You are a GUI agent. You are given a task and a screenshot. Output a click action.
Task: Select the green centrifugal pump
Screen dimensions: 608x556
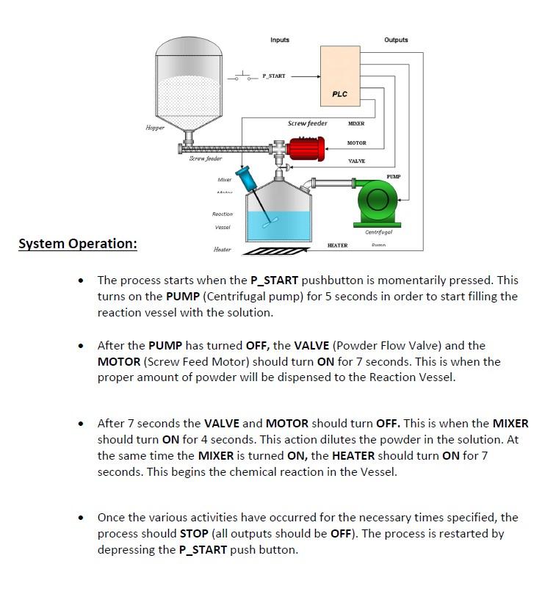pos(378,203)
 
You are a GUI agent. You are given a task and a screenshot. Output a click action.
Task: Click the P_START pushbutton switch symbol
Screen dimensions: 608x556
pos(239,76)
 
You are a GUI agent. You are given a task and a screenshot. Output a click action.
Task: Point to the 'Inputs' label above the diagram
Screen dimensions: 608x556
pos(280,40)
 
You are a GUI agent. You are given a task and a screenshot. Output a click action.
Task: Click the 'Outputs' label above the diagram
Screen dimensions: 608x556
pos(396,40)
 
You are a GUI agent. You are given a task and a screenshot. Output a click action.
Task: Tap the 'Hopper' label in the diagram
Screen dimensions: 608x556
pos(155,128)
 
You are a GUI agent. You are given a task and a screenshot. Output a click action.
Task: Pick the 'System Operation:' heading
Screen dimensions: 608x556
pos(78,244)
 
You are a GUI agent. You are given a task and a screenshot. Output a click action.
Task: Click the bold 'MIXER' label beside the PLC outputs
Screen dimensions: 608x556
pos(356,124)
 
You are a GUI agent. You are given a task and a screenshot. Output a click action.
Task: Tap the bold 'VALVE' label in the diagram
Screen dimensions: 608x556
pos(356,161)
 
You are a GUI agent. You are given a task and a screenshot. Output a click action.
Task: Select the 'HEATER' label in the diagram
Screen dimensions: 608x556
pos(337,245)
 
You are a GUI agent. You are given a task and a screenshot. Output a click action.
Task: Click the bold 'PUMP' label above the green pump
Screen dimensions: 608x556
pos(394,177)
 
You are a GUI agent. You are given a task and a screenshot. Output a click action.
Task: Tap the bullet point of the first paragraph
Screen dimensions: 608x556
pos(82,281)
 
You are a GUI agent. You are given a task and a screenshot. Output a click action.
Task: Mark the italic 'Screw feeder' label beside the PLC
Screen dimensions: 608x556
pos(307,123)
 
